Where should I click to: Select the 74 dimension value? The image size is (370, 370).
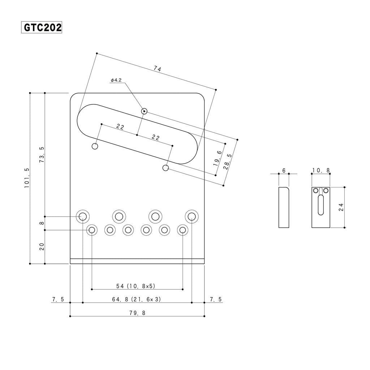[x=157, y=69]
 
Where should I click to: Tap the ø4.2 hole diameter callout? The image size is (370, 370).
[x=116, y=80]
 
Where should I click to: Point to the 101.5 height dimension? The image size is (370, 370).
[x=27, y=178]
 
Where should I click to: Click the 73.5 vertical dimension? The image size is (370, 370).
[x=42, y=155]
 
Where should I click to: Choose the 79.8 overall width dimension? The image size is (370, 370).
[x=137, y=313]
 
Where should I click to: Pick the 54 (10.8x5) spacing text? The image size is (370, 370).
[x=136, y=286]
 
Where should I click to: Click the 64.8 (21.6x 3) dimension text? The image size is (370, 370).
[x=136, y=299]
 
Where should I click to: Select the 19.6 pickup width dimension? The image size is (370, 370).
[x=218, y=158]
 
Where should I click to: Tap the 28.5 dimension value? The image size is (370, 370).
[x=228, y=162]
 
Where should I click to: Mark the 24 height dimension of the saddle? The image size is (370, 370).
[x=341, y=207]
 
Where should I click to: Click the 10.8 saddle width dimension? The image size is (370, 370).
[x=321, y=170]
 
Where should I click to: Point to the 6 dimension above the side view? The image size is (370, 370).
[x=284, y=171]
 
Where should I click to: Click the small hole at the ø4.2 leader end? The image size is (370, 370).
[x=144, y=111]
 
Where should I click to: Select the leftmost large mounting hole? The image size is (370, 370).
[x=83, y=216]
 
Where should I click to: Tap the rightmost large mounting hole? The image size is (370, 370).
[x=192, y=216]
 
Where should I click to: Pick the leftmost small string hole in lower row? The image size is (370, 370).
[x=92, y=230]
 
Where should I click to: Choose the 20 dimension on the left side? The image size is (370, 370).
[x=42, y=246]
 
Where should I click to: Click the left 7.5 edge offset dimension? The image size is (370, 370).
[x=58, y=299]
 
